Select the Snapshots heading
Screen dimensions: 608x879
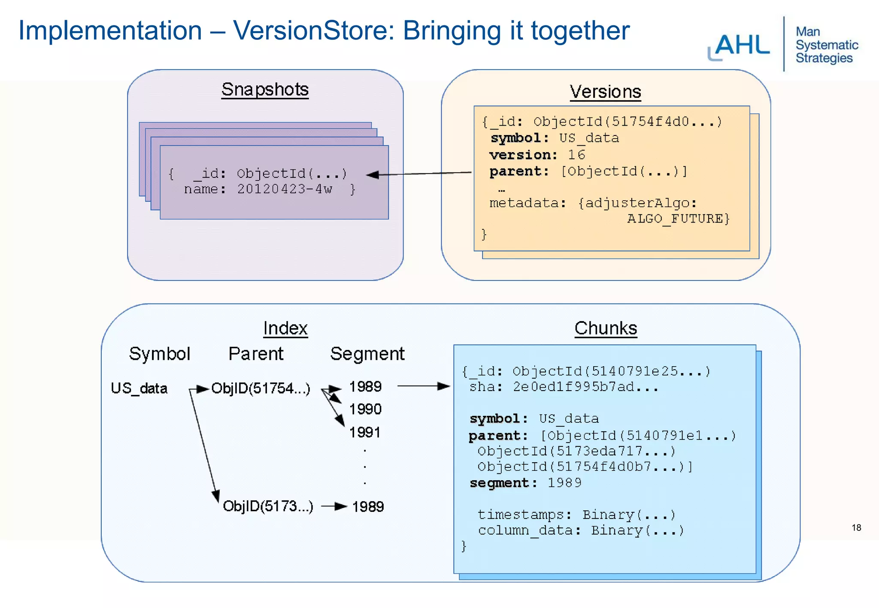click(x=265, y=90)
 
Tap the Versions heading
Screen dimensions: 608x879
click(x=605, y=92)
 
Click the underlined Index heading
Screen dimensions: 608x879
click(x=285, y=328)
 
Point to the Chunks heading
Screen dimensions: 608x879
click(x=606, y=328)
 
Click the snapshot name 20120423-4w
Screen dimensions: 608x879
click(x=285, y=189)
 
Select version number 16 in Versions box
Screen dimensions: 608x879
click(x=576, y=155)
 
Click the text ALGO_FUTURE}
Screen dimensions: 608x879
click(x=678, y=219)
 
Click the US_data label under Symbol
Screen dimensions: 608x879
click(x=139, y=388)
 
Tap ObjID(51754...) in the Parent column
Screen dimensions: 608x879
click(x=261, y=388)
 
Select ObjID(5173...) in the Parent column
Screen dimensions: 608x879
click(x=268, y=506)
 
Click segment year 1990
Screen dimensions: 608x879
click(x=365, y=409)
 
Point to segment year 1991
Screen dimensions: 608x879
click(x=365, y=432)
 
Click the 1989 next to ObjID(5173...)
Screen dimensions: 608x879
click(x=368, y=507)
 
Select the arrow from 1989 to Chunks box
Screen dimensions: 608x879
click(x=423, y=386)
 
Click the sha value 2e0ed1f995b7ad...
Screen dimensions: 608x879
click(x=585, y=387)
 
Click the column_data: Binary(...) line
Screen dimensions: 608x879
click(x=581, y=531)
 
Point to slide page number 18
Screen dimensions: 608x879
click(x=856, y=528)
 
